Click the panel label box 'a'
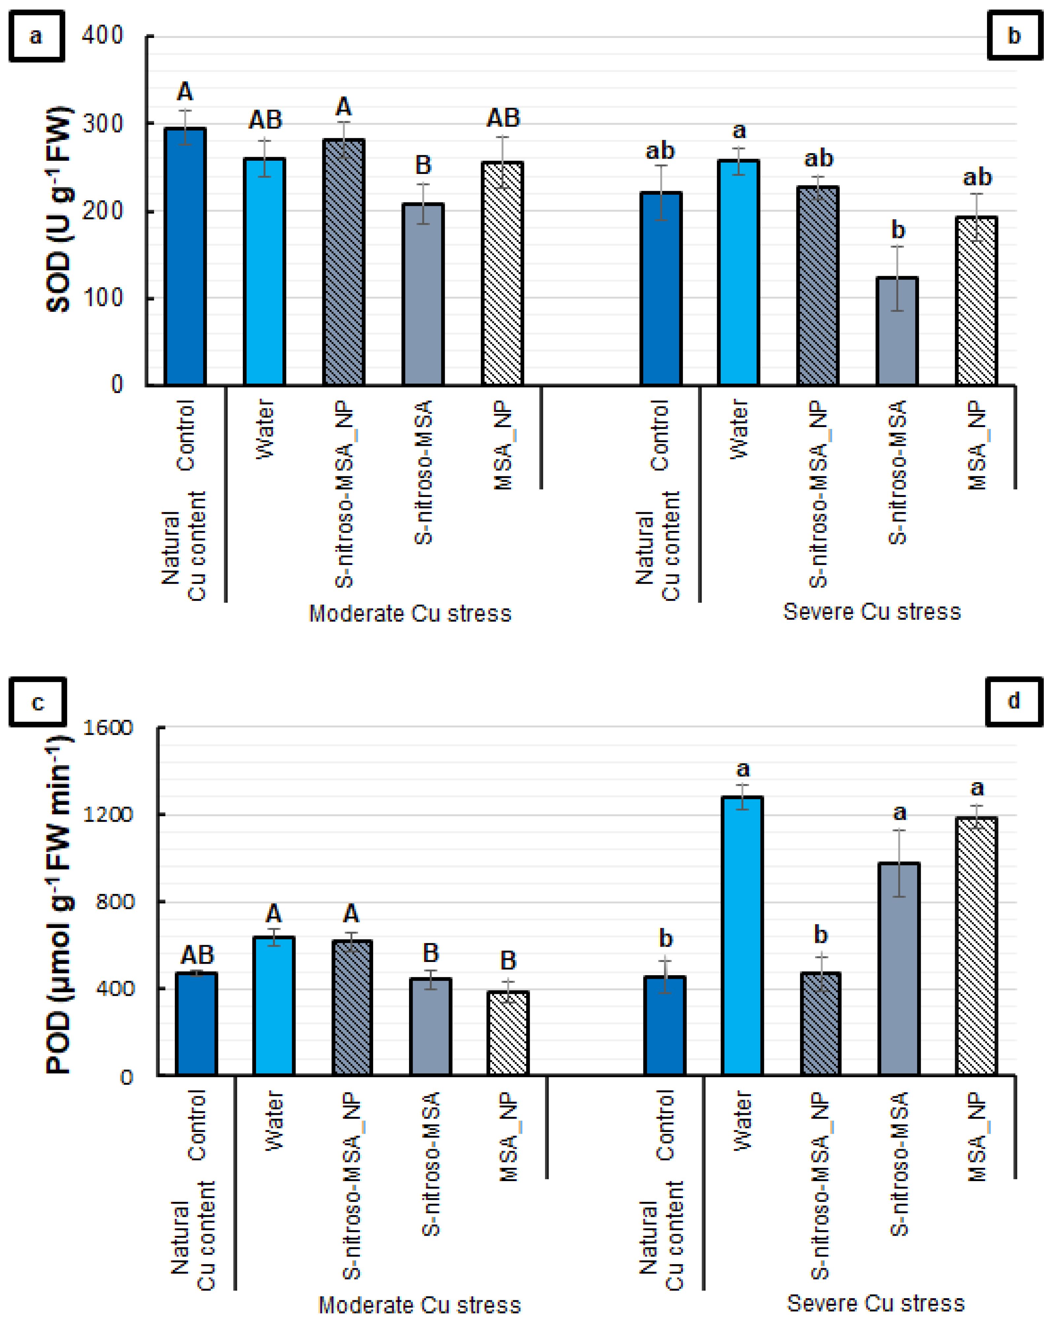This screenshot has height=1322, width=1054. click(36, 36)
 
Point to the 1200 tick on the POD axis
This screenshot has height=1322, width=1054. click(108, 814)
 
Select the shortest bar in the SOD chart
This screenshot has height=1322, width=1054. click(897, 331)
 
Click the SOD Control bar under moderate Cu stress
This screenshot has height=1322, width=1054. click(185, 256)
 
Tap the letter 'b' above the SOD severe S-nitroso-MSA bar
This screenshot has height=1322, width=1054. click(898, 231)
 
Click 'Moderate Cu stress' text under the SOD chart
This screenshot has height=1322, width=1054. click(410, 613)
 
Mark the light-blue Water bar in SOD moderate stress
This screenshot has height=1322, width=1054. click(264, 272)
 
